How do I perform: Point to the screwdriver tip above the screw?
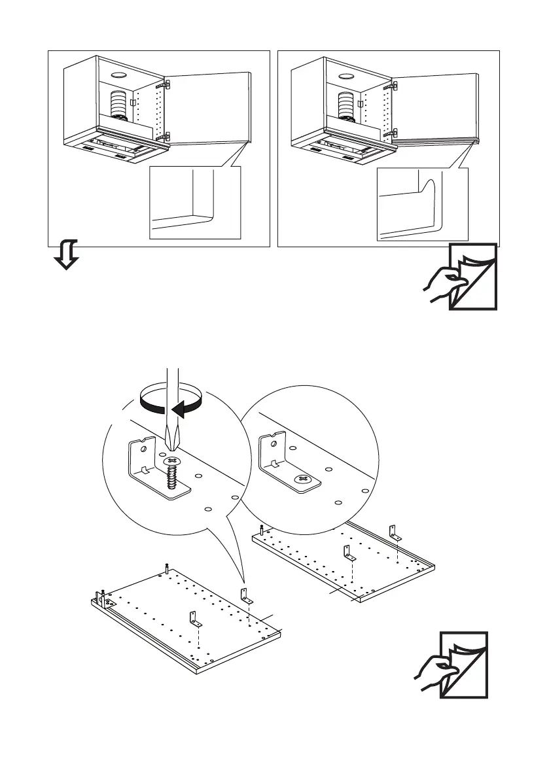[x=173, y=440]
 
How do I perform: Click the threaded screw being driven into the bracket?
[x=173, y=474]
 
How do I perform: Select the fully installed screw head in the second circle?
[x=303, y=479]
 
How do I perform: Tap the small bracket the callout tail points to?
[x=247, y=596]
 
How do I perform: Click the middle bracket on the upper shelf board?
[x=347, y=553]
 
